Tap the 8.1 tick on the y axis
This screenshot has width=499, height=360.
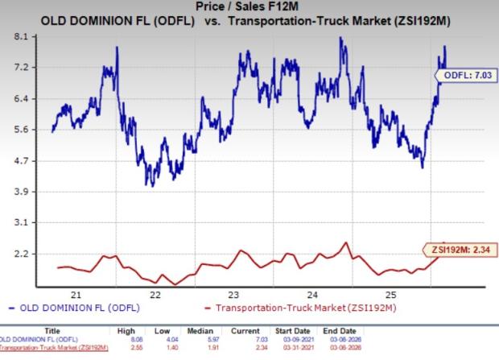[22, 37]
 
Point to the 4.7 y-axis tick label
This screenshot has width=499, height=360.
[22, 161]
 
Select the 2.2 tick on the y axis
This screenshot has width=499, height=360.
[22, 254]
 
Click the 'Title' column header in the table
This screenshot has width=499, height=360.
[52, 329]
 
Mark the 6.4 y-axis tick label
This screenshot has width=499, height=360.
[22, 99]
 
